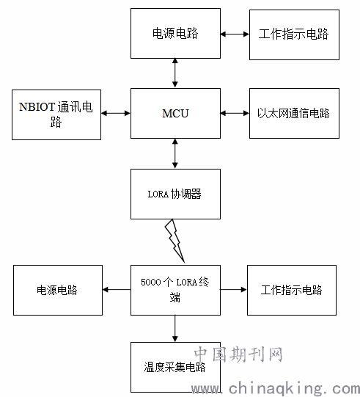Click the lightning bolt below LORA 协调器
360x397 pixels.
click(x=175, y=241)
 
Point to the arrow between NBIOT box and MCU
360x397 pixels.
click(x=116, y=113)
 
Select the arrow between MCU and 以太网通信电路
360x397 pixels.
click(x=235, y=113)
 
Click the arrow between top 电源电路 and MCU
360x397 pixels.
click(x=175, y=73)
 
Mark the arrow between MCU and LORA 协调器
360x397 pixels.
click(x=175, y=153)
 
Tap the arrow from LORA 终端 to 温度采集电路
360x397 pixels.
click(x=175, y=329)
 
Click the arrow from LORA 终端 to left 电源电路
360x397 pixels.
click(x=117, y=290)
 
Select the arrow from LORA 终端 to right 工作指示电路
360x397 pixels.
click(x=233, y=290)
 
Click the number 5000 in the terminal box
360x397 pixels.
click(x=151, y=282)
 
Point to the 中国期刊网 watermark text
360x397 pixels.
click(x=238, y=354)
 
